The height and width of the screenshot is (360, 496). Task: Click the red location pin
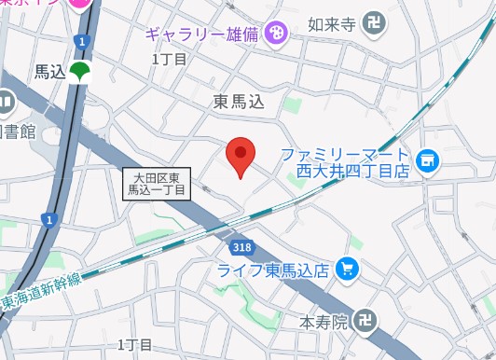tap(241, 157)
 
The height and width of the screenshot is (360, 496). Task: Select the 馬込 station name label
tap(50, 72)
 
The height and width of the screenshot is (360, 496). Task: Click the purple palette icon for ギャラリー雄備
tap(277, 35)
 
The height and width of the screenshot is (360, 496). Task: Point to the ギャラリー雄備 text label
tap(203, 35)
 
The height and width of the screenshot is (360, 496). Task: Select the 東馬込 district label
tap(240, 104)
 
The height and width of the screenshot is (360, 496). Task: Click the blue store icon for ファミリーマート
tap(428, 162)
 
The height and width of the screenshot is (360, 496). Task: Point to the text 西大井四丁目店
tap(353, 172)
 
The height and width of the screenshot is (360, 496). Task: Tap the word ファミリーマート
tap(344, 154)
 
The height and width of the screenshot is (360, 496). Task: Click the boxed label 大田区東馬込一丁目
tap(157, 182)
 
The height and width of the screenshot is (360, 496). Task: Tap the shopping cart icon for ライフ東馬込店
tap(348, 270)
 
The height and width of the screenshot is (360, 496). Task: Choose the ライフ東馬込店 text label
tap(273, 270)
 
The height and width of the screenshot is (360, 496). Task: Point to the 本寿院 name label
tap(324, 323)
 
